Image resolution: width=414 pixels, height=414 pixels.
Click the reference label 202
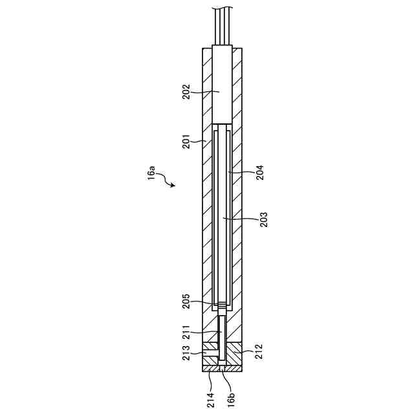coord(186,92)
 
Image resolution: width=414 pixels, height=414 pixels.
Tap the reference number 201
coord(186,142)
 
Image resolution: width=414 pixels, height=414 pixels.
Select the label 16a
coord(151,173)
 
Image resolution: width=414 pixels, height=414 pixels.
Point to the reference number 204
coord(260,173)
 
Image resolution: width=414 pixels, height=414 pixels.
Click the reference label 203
coord(263,219)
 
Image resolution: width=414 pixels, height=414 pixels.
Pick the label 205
coord(186,301)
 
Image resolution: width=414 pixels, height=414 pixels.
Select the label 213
coord(186,353)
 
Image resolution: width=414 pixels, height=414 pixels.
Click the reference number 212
coord(259,351)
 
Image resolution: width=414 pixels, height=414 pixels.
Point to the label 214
coord(211,400)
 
